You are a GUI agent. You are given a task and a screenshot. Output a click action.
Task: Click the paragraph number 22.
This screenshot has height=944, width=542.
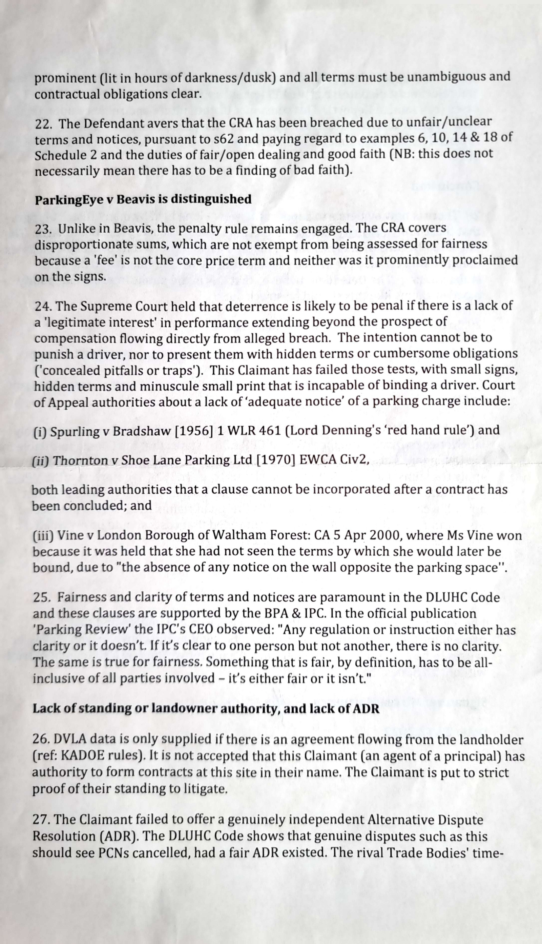[43, 124]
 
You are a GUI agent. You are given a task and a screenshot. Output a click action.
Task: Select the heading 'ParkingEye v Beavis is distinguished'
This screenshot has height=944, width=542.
[143, 199]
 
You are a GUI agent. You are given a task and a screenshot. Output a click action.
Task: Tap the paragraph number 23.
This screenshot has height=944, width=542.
[43, 229]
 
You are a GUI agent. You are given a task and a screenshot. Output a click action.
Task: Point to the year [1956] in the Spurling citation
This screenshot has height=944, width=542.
[193, 431]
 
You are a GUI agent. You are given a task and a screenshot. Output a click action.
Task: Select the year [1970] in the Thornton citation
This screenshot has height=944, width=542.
[276, 460]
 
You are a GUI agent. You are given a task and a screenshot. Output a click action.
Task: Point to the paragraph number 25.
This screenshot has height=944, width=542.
[41, 597]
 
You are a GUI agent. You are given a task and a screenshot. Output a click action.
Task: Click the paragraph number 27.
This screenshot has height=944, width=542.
[41, 820]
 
